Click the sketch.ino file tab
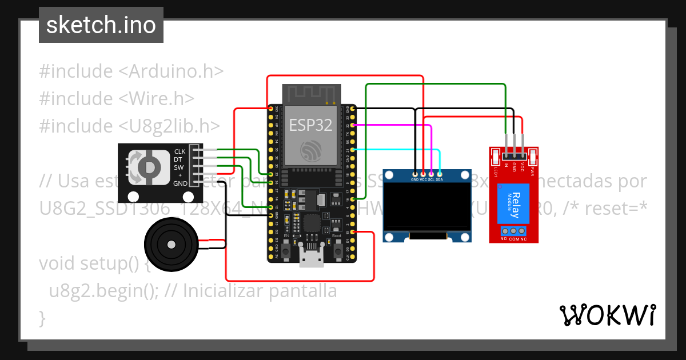pos(101,25)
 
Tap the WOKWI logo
pos(607,315)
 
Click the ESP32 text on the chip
pos(311,125)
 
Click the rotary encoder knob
pos(150,166)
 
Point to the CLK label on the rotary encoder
pos(180,151)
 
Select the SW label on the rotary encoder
pos(179,167)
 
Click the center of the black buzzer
pos(171,245)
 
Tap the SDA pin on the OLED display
pos(439,173)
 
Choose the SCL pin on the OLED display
pos(431,173)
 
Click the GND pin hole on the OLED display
pos(415,173)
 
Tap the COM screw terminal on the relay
pos(513,231)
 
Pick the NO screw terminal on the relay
pos(505,231)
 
